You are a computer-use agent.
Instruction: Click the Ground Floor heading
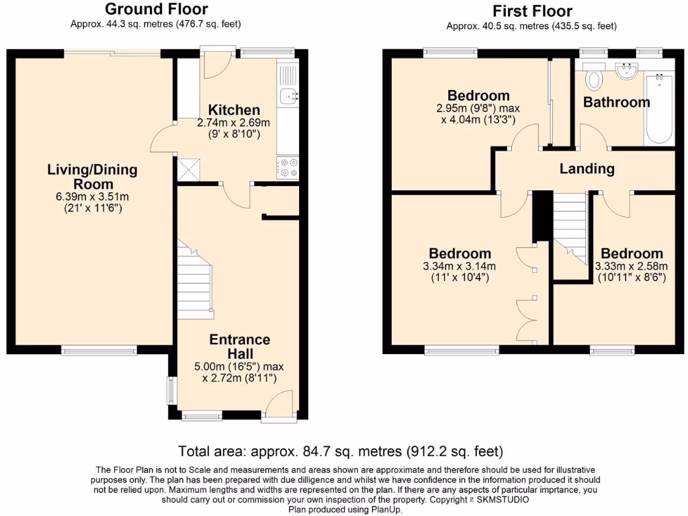coord(156,9)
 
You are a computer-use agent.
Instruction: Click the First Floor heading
coord(532,11)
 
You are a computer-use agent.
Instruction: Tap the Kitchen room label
coord(233,110)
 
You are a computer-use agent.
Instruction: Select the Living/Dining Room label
coord(91,177)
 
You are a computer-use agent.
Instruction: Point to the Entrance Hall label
coord(239,346)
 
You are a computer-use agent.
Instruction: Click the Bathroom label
coord(616,102)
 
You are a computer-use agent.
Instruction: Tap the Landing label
coord(587,169)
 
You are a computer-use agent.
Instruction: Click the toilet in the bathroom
coord(594,79)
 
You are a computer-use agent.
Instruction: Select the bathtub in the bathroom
coord(659,109)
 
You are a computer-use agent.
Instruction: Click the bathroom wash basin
coord(628,70)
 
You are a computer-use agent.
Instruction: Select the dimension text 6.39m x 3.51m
coord(91,197)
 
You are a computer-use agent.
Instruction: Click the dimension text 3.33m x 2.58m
coord(631,265)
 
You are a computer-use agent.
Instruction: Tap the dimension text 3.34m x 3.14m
coord(460,265)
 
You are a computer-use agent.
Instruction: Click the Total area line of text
coord(340,451)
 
